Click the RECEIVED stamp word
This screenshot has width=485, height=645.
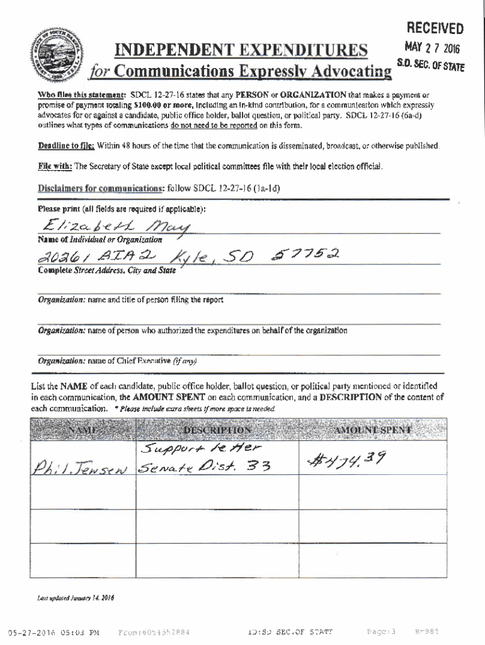[x=435, y=28]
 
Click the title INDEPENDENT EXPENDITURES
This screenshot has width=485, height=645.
[x=239, y=50]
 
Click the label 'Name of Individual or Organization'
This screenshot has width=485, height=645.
[x=100, y=239]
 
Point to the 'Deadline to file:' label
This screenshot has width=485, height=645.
[x=66, y=146]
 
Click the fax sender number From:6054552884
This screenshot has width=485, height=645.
[x=154, y=632]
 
